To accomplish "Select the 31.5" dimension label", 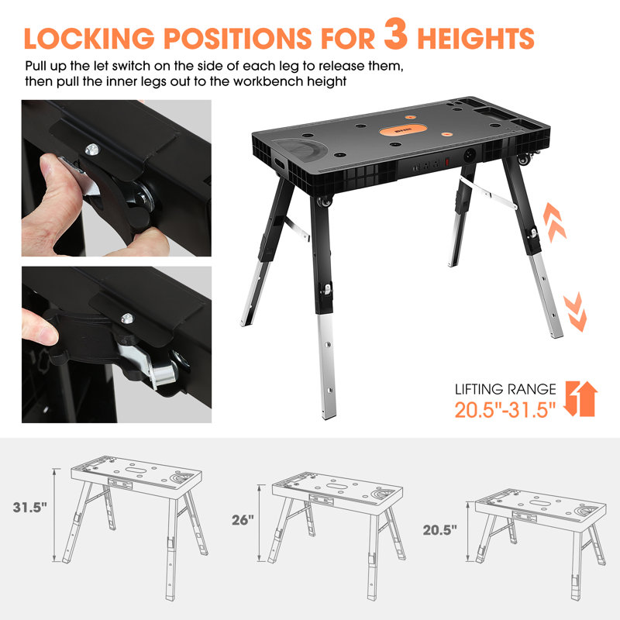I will [x=29, y=508].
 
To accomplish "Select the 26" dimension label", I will [x=243, y=520].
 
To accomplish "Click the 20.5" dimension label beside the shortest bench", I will [x=439, y=531].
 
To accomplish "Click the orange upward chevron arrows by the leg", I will [x=553, y=221].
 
